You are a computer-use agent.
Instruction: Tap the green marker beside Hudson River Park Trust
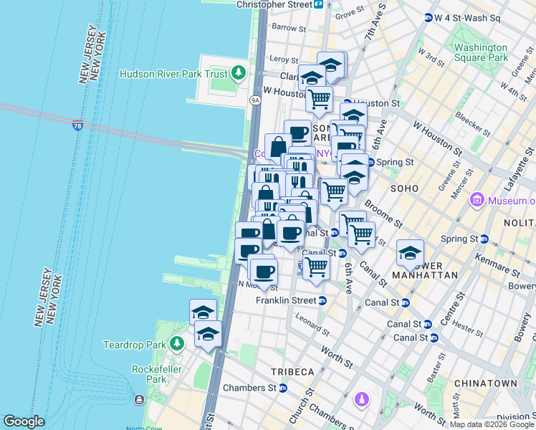(x=238, y=73)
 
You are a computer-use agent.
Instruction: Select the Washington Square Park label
(x=480, y=52)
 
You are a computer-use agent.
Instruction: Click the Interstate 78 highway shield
(x=77, y=125)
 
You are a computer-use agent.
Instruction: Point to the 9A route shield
(x=254, y=100)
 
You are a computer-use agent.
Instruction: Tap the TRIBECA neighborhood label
(x=292, y=371)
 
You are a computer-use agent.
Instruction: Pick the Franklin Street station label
(x=286, y=300)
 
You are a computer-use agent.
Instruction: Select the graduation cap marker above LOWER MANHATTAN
(x=410, y=252)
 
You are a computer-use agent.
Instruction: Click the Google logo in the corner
(x=24, y=421)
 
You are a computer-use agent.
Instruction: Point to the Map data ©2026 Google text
(x=491, y=424)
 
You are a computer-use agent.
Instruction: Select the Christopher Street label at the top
(x=274, y=4)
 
